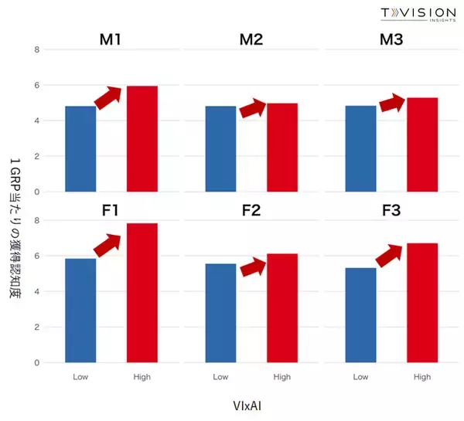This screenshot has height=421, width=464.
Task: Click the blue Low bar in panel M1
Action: (80, 148)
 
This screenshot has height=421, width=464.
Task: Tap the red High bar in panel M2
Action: (282, 147)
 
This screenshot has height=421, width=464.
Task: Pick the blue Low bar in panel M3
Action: (360, 148)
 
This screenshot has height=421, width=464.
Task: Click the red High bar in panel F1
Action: (142, 292)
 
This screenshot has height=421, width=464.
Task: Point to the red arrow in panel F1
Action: (108, 244)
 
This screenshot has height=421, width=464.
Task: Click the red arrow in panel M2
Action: (253, 109)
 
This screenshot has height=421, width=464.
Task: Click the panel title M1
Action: (111, 39)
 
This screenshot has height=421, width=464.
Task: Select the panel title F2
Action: (251, 210)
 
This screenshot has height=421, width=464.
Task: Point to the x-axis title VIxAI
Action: (251, 404)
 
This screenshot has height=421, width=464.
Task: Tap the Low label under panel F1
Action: (80, 377)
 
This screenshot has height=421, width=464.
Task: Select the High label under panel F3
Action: (422, 377)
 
